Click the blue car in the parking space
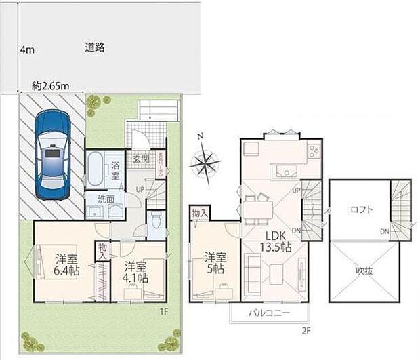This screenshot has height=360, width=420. (x=52, y=155)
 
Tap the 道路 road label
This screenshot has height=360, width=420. (x=95, y=48)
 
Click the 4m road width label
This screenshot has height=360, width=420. (x=26, y=49)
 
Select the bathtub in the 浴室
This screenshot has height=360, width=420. (x=95, y=170)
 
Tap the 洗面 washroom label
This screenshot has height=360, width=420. (x=105, y=201)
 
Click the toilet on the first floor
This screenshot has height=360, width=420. (x=156, y=219)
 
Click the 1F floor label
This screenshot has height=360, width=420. (x=163, y=311)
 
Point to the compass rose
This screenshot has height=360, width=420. (x=205, y=162)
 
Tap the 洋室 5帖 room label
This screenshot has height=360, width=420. (x=215, y=263)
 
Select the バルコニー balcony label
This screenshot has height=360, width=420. (x=268, y=314)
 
